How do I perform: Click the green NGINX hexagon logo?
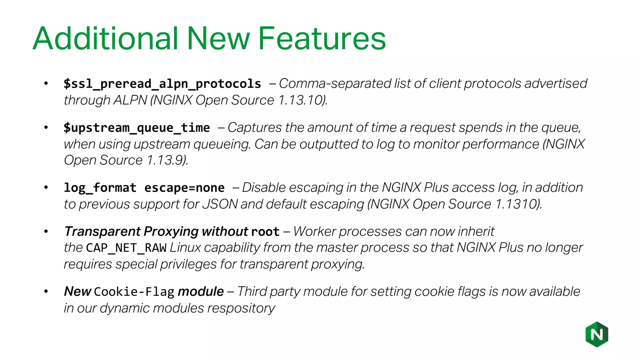point(597,334)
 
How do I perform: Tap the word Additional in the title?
point(105,38)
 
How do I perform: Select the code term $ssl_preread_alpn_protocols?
point(162,84)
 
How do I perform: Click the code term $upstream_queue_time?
point(137,128)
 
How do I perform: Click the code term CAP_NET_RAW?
point(126,248)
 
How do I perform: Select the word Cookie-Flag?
point(134,292)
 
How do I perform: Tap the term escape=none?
point(184,188)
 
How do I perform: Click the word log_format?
point(100,188)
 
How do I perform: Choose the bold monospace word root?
point(265,232)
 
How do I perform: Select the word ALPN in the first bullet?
point(130,100)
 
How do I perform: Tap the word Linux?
point(185,248)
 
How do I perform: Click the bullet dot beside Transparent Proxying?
point(46,232)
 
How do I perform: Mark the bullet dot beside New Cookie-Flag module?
point(46,292)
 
